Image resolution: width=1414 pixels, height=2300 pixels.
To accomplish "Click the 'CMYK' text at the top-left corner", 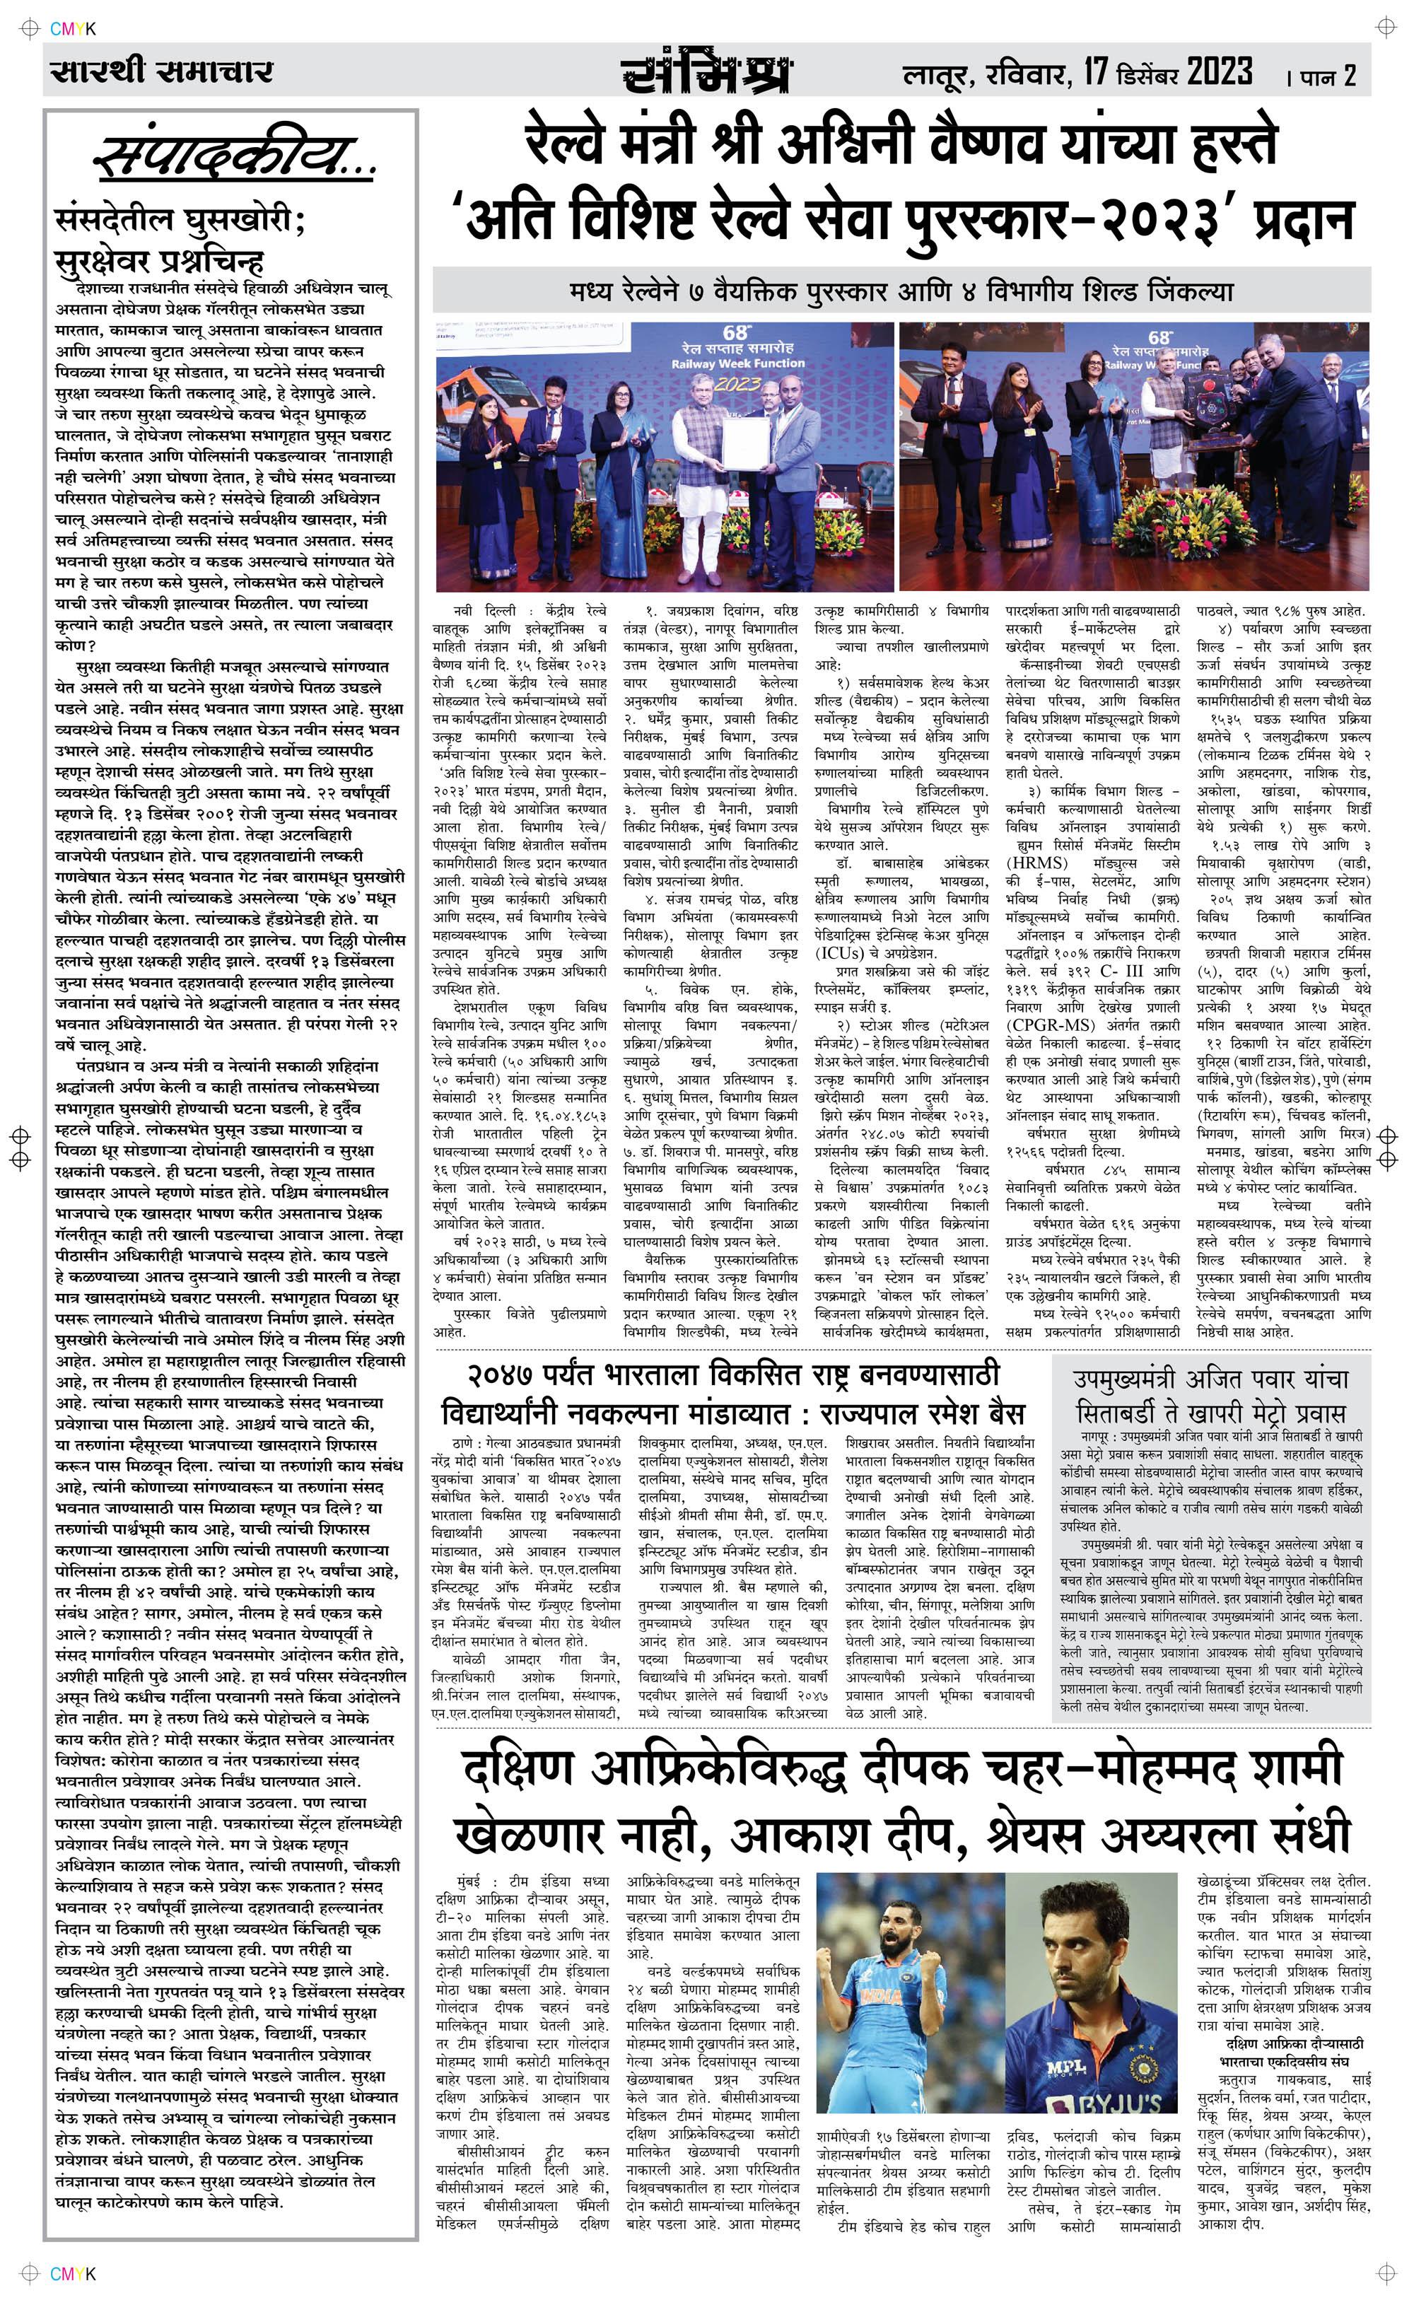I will point(73,29).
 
